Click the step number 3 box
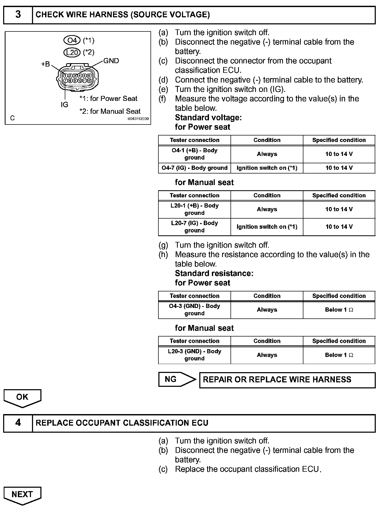tap(18, 15)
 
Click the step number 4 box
tap(18, 423)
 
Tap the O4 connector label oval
tap(72, 40)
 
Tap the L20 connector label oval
tap(72, 52)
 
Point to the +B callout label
tap(45, 64)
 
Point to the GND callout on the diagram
tap(111, 61)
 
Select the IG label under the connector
tap(64, 105)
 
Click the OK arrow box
tap(22, 397)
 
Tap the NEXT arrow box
tap(22, 495)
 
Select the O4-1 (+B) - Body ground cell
tap(194, 154)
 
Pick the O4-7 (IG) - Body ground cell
tap(194, 168)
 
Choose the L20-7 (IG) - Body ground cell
tap(194, 227)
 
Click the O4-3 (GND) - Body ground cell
tap(194, 310)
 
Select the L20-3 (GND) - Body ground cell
tap(194, 355)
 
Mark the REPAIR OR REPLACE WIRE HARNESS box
tap(287, 380)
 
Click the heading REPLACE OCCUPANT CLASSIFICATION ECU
tap(122, 423)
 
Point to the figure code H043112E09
tap(138, 119)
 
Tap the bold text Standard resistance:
tap(214, 273)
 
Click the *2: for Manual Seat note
tap(110, 111)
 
